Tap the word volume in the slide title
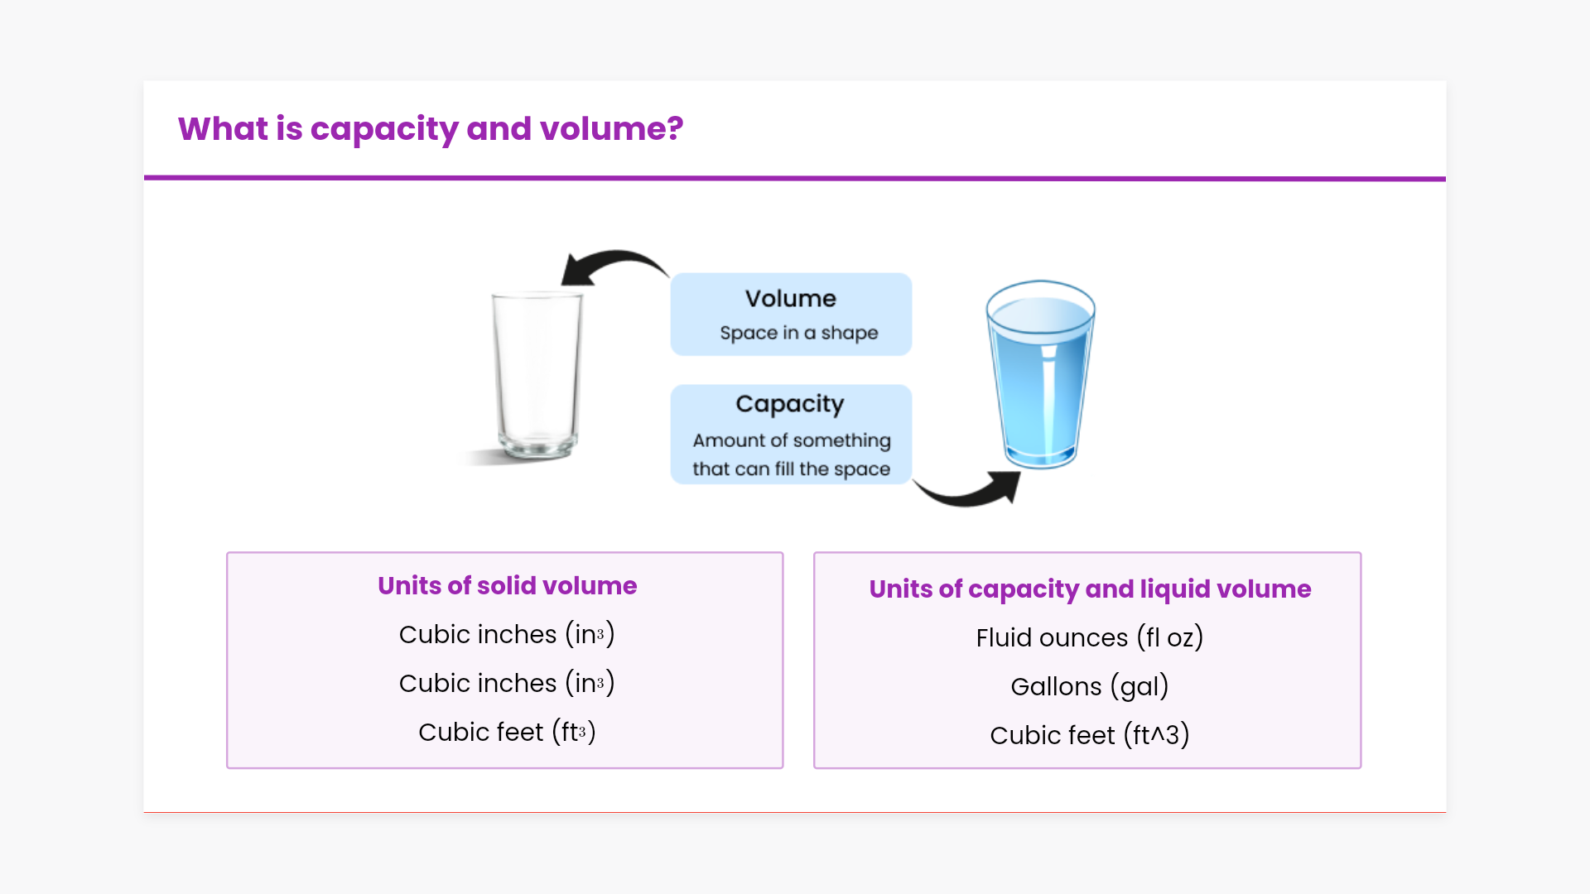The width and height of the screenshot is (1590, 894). pyautogui.click(x=611, y=129)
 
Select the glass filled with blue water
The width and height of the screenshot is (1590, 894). pyautogui.click(x=1041, y=375)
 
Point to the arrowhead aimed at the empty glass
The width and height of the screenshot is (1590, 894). pyautogui.click(x=577, y=271)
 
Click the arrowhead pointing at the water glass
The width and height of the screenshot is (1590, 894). pyautogui.click(x=1005, y=487)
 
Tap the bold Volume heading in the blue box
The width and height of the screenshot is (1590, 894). pyautogui.click(x=791, y=299)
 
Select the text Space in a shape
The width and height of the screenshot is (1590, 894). pyautogui.click(x=799, y=333)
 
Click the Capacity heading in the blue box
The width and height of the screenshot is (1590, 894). pyautogui.click(x=790, y=404)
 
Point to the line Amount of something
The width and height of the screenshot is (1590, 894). pyautogui.click(x=792, y=440)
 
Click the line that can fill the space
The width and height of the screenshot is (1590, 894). pyautogui.click(x=792, y=469)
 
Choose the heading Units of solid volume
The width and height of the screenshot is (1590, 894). pyautogui.click(x=508, y=586)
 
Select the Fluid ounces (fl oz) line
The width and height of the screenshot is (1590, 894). pyautogui.click(x=1090, y=637)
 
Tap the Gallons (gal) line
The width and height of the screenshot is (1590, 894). pyautogui.click(x=1090, y=686)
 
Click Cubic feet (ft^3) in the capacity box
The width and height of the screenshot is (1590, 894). pyautogui.click(x=1090, y=735)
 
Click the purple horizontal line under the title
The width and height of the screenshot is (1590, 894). pyautogui.click(x=795, y=178)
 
